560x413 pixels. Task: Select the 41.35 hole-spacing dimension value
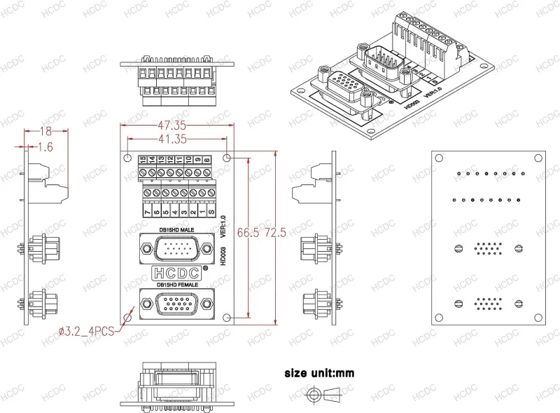click(171, 140)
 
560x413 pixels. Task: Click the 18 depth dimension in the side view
click(45, 131)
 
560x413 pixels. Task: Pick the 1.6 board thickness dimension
click(45, 147)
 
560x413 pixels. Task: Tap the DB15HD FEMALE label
click(178, 285)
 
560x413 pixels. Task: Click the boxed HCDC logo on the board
click(176, 273)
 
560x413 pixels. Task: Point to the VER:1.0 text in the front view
click(223, 228)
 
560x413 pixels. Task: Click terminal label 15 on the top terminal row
click(143, 161)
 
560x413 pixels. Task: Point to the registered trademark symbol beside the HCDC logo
click(204, 268)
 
